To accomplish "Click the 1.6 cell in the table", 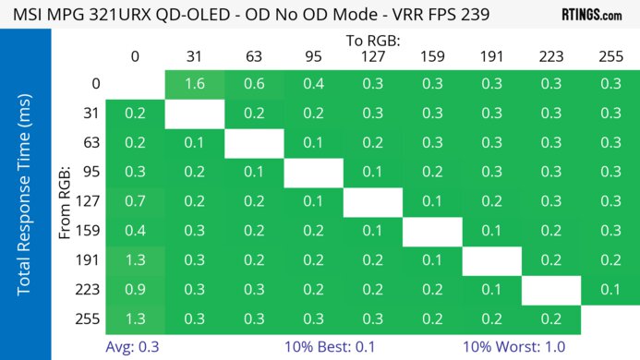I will click(194, 84).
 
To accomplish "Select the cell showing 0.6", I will click(253, 84).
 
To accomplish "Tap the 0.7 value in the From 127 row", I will click(135, 200).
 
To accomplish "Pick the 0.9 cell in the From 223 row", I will click(135, 289).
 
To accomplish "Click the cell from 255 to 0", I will click(135, 318).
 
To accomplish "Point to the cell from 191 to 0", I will click(135, 259).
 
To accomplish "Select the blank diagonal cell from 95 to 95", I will click(312, 171).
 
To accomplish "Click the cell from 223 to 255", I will click(610, 289).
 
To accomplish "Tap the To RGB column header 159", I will click(431, 56).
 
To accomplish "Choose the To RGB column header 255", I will click(610, 56).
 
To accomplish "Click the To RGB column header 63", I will click(253, 56).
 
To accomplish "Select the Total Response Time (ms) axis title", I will click(25, 200).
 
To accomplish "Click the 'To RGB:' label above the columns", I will click(372, 41).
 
